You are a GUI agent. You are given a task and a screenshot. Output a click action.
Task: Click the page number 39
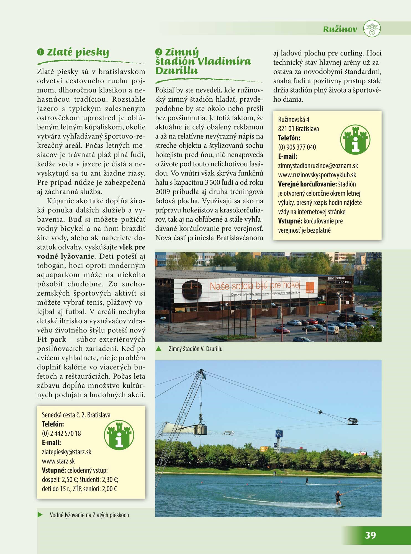pos(370,535)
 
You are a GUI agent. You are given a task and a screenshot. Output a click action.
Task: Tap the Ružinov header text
pos(340,29)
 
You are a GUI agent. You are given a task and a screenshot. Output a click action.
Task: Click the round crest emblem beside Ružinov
pos(372,29)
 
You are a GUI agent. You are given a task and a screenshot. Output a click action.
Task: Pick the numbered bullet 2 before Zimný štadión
pos(158,52)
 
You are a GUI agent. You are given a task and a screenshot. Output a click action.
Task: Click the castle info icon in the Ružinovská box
pos(355,139)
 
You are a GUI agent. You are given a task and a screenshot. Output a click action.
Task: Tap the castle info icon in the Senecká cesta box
pos(119,435)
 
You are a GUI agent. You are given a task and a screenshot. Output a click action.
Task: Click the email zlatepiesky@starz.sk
pos(66,452)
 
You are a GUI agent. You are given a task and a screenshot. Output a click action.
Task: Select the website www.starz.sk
pos(58,461)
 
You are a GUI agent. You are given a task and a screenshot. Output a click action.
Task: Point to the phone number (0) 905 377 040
pos(297,147)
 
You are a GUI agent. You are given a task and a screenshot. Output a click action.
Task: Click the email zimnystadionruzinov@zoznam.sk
pos(318,166)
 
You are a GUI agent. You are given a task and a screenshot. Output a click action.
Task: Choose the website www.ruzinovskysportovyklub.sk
pos(317,175)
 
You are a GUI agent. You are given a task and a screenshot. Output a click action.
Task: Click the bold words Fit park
pos(52,339)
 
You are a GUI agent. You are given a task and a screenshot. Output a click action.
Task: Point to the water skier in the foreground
pos(338,498)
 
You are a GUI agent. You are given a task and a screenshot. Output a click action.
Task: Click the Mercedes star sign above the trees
pos(278,434)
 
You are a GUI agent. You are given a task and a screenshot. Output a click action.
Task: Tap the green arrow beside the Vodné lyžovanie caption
pos(40,515)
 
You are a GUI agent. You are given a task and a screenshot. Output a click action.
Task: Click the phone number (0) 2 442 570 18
pos(61,434)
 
